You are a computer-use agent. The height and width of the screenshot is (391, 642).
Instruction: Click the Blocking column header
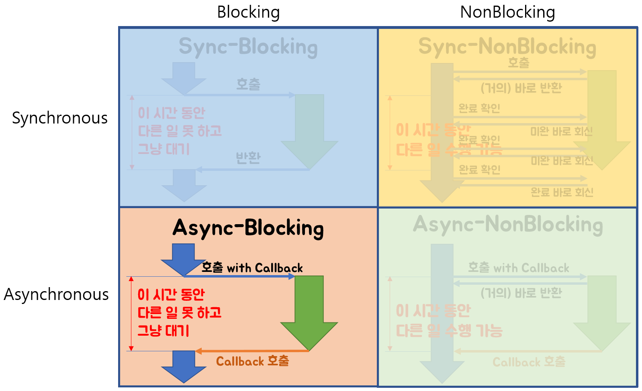coord(248,12)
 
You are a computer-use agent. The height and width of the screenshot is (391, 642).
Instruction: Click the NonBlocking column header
coord(507,12)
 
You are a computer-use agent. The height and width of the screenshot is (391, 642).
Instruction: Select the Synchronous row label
coord(60,118)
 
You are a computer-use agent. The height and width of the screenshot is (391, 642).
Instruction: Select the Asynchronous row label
coord(56,294)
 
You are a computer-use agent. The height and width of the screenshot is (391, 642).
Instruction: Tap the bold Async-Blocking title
coord(248,228)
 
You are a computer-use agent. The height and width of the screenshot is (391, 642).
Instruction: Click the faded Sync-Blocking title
coord(248,47)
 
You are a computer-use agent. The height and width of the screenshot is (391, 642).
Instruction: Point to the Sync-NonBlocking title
coord(507,47)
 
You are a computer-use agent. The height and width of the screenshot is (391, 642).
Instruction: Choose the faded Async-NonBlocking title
coord(508,225)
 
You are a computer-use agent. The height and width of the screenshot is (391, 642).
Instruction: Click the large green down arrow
coord(309,313)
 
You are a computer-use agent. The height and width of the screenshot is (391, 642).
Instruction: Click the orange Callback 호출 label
coord(252,361)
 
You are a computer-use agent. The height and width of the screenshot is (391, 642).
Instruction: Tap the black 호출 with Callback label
coord(252,267)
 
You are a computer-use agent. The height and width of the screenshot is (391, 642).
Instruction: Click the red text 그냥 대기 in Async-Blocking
coord(163,330)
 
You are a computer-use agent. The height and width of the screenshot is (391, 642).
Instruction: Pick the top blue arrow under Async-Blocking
coord(184,259)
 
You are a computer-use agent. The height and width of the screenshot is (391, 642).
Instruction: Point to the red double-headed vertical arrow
coord(131,314)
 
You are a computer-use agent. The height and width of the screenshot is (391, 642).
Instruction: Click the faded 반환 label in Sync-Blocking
coord(248,158)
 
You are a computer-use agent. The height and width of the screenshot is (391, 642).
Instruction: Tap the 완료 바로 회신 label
coord(562,192)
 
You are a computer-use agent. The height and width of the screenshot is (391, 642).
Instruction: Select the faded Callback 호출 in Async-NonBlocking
coord(529,362)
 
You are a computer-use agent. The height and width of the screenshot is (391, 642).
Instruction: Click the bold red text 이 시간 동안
coord(171,294)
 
